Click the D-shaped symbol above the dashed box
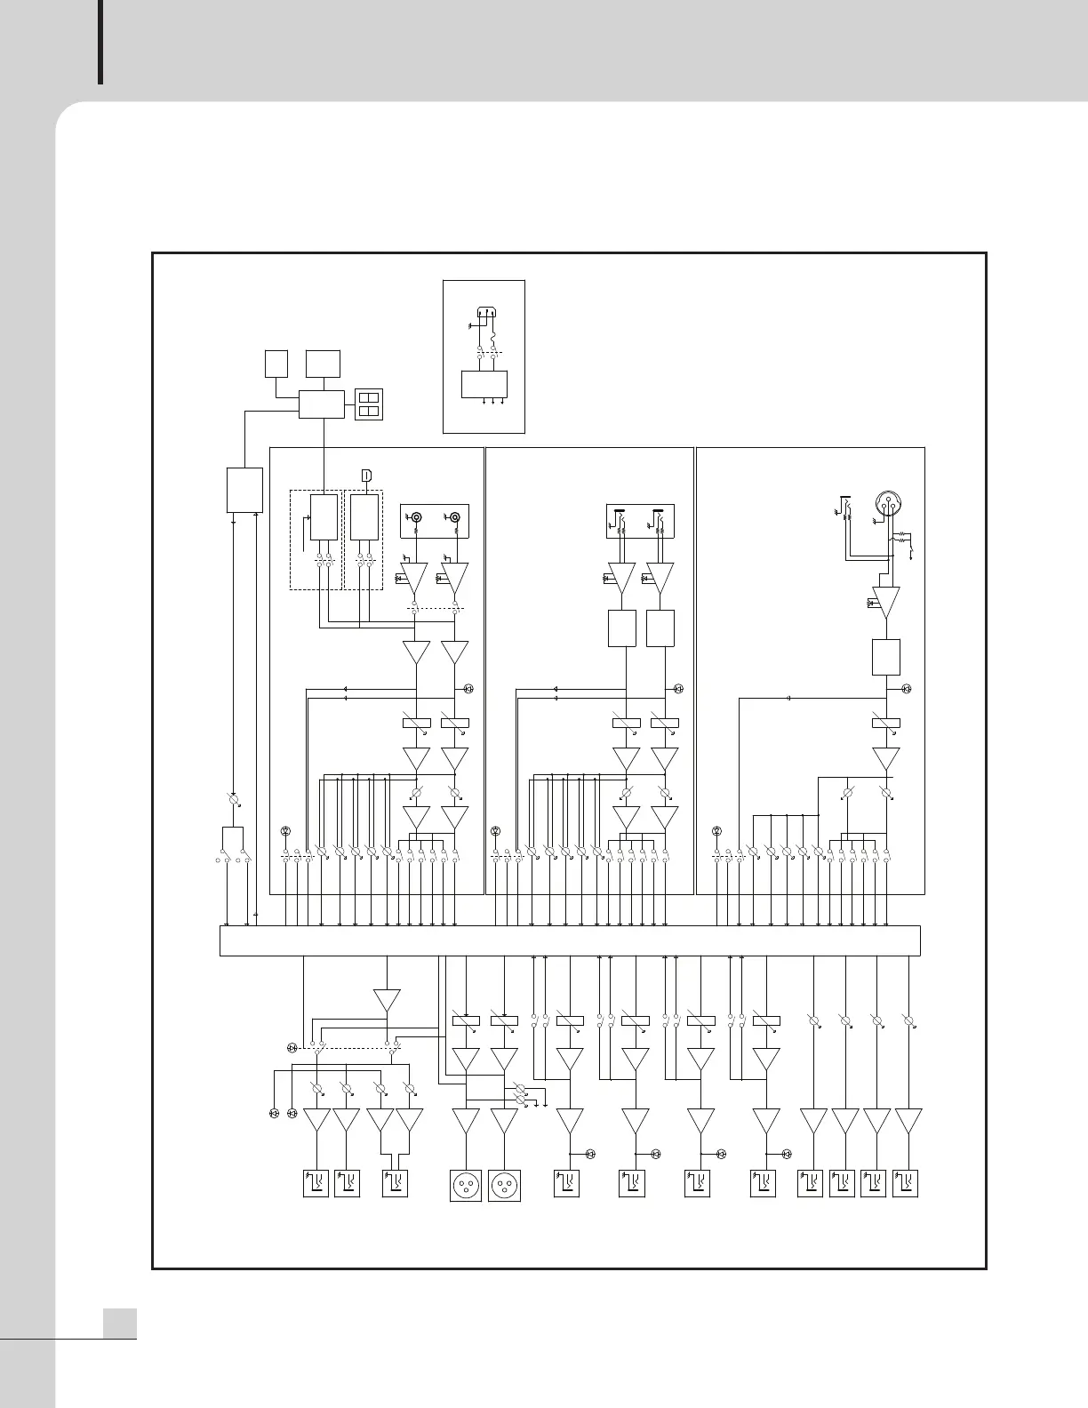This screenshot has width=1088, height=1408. (x=366, y=476)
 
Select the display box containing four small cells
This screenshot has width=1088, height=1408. (x=369, y=404)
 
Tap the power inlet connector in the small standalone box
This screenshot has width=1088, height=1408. (x=484, y=312)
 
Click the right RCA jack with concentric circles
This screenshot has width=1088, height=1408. (x=455, y=516)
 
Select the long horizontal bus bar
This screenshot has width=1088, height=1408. (x=569, y=940)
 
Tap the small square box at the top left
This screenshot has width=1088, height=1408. (x=276, y=364)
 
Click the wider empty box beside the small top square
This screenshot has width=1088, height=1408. (x=323, y=364)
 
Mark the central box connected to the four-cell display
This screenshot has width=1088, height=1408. (x=322, y=404)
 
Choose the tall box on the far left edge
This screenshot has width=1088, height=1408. (x=244, y=490)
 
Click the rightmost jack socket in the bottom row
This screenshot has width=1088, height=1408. (x=906, y=1184)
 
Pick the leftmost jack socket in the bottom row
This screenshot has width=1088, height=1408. (x=316, y=1184)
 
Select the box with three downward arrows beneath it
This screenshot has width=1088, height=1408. (x=484, y=384)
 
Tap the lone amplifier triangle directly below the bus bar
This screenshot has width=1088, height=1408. (x=387, y=999)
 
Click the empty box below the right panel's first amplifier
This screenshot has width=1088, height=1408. (x=886, y=657)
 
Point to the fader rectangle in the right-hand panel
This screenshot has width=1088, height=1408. (x=886, y=724)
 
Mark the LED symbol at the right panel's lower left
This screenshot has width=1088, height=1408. (x=716, y=831)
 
